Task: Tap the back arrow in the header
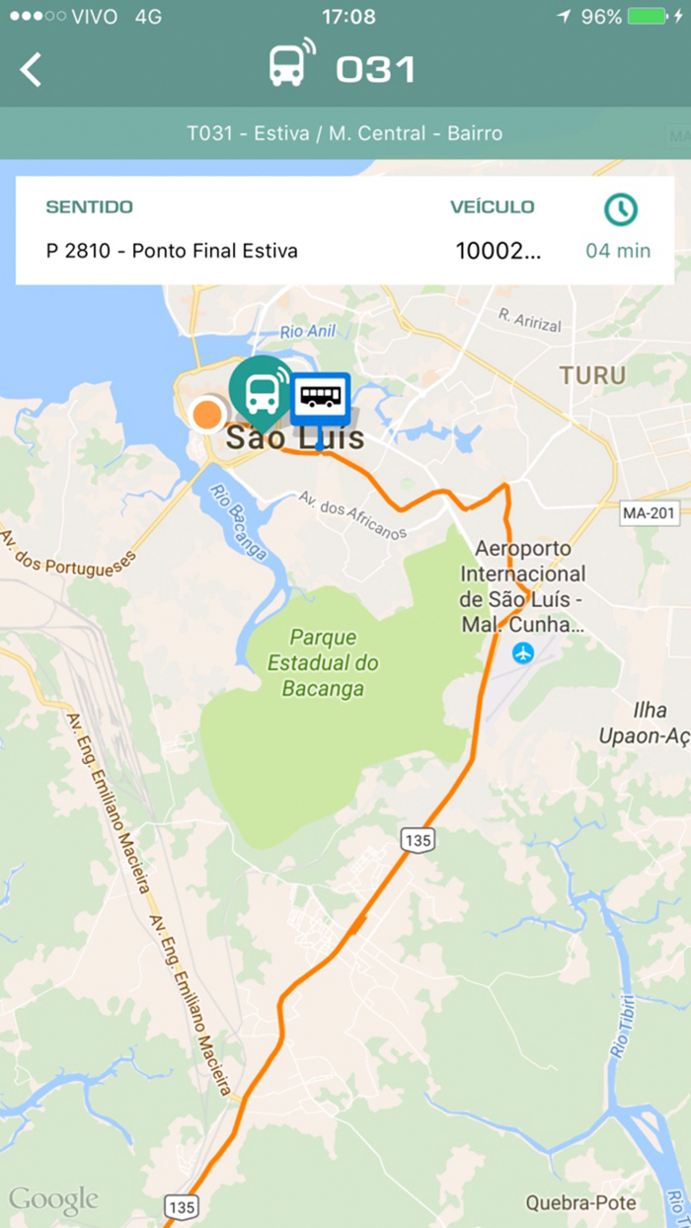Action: [32, 69]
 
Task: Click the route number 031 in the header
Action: [375, 69]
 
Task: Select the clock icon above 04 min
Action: [621, 208]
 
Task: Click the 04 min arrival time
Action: [618, 251]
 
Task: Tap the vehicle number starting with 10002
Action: [498, 251]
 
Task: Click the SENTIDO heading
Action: [89, 207]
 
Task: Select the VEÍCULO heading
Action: [492, 207]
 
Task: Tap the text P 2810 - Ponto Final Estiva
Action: [172, 251]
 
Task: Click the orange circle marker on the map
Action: [207, 414]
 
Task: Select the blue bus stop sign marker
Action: [320, 399]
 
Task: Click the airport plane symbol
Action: [523, 652]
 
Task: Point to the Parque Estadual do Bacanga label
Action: [323, 662]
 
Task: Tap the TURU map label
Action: [592, 375]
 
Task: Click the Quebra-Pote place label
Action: [580, 1202]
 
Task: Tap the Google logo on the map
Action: [53, 1199]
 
